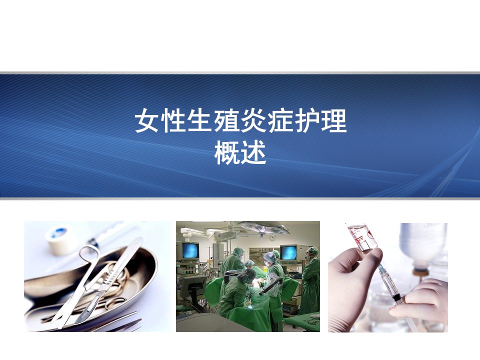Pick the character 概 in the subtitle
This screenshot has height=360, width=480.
[227, 153]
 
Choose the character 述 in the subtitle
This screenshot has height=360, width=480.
[253, 153]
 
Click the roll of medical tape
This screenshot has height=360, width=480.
[61, 240]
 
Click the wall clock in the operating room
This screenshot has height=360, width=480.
[272, 237]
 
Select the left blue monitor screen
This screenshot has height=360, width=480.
[190, 250]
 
